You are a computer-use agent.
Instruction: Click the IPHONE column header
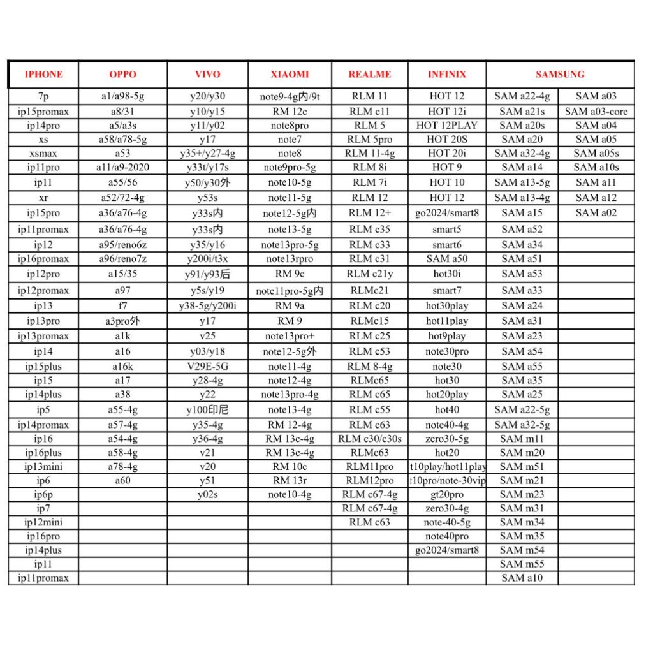point(43,75)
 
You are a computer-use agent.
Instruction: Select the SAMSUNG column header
point(560,75)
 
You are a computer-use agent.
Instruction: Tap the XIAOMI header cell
point(290,75)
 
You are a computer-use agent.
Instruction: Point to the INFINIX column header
point(446,75)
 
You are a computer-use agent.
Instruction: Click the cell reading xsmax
point(43,153)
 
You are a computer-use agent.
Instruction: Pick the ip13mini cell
point(43,466)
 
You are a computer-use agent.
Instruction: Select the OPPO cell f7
point(122,305)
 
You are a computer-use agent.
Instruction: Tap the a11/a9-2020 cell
point(122,167)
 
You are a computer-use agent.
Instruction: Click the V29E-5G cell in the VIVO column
point(207,367)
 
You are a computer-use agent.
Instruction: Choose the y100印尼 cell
point(207,409)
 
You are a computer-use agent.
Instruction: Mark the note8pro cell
point(290,126)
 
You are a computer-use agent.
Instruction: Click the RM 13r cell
point(290,480)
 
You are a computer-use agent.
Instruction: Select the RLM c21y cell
point(369,274)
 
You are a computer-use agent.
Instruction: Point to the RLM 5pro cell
point(369,139)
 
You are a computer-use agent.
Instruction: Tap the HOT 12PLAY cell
point(446,126)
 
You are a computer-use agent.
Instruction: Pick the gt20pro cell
point(446,494)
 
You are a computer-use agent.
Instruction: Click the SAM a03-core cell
point(596,112)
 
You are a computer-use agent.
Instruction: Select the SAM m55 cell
point(522,564)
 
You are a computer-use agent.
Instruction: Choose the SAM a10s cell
point(596,167)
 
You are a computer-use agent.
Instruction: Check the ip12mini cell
point(43,522)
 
